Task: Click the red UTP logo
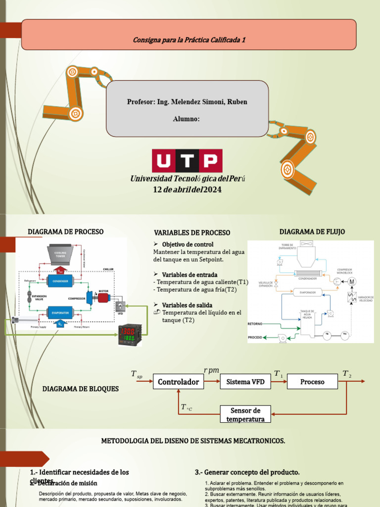tap(187, 161)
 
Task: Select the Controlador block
tap(178, 382)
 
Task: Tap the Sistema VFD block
tap(245, 382)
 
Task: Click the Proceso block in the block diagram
tap(312, 382)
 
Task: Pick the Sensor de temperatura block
tap(245, 414)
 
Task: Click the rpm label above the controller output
tap(211, 370)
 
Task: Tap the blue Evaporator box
tap(60, 312)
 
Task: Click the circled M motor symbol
tap(352, 282)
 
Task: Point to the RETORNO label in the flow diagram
tap(256, 324)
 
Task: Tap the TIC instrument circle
tap(344, 335)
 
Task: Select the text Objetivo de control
tap(188, 245)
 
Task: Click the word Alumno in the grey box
tap(187, 119)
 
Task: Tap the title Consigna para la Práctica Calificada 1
tap(189, 40)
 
